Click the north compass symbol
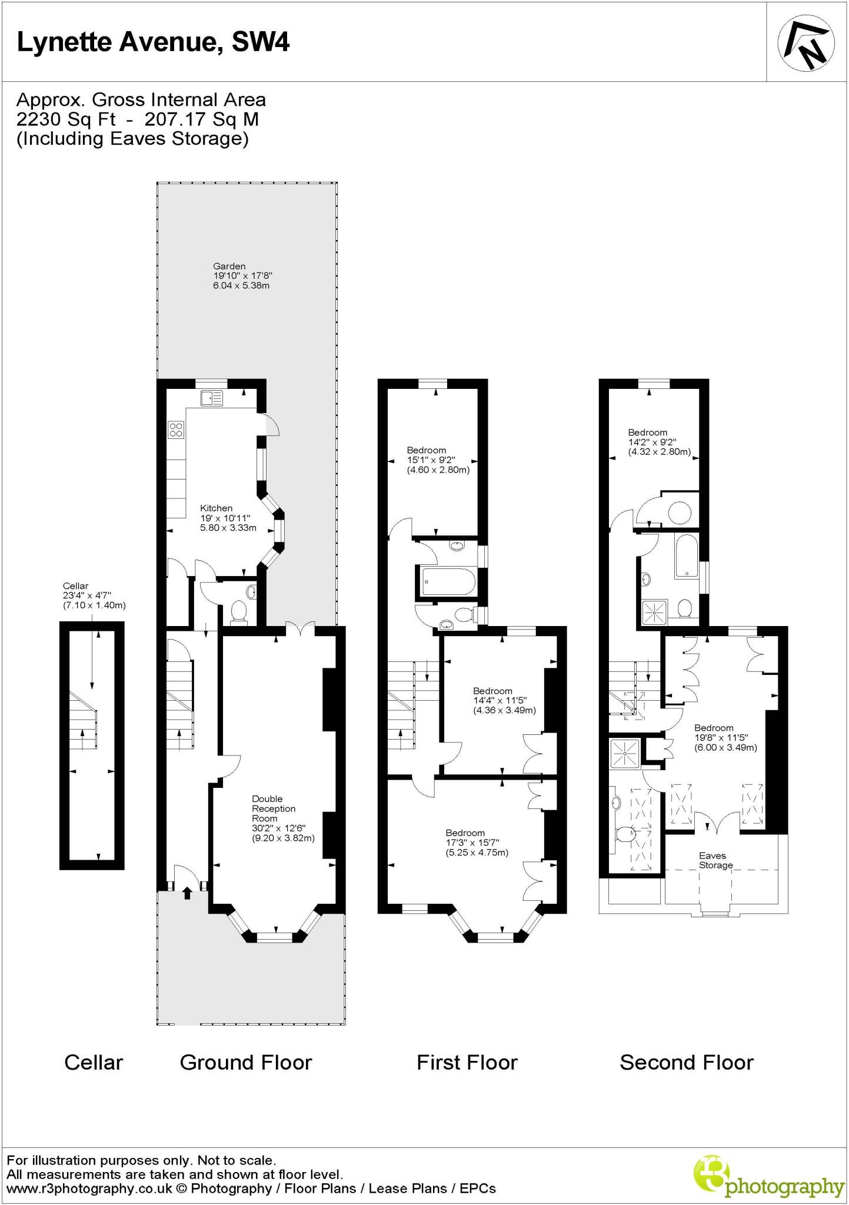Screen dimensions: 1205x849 806,42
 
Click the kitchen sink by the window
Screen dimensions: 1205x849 211,399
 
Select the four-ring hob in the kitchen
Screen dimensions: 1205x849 175,430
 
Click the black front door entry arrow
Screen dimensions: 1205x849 187,893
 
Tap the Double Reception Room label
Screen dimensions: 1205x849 282,818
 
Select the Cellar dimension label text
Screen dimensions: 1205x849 94,595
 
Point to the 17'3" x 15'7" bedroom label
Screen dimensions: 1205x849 477,843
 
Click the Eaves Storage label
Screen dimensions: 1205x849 715,860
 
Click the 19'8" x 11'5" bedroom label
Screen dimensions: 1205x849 725,738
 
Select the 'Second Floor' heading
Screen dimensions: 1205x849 686,1063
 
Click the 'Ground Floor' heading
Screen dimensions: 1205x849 245,1063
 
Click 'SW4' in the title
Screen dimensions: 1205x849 261,42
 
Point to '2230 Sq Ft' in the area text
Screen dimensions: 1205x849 65,119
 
